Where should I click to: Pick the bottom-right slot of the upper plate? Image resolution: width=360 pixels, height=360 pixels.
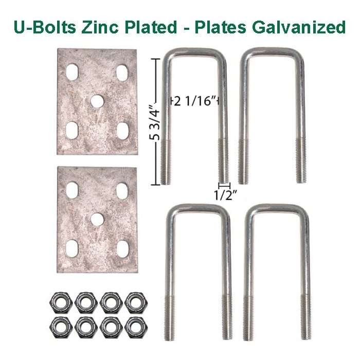122,131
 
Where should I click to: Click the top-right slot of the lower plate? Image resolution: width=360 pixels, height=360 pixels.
122,189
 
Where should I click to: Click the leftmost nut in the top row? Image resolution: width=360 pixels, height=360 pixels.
56,301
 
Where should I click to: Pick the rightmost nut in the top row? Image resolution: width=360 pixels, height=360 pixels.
134,301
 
